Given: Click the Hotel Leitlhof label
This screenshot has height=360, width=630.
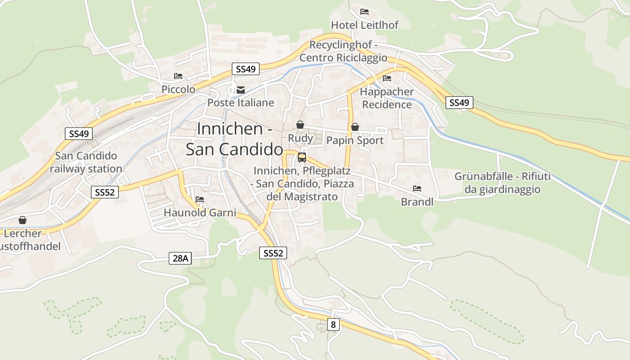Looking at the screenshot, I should (x=364, y=25).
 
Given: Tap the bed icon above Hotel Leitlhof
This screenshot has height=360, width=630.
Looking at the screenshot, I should (x=364, y=11).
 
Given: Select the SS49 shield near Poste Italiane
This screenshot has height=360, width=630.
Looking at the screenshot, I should (x=246, y=69).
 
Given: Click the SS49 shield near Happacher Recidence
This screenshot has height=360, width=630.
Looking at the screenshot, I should (x=459, y=103).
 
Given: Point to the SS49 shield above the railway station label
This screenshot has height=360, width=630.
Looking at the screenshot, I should (x=79, y=134).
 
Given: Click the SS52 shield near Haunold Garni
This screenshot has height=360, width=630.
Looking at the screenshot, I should (x=104, y=192).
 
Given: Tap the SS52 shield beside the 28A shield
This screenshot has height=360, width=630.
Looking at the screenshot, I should (x=273, y=253).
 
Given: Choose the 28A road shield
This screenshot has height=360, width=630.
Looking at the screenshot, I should (x=180, y=258).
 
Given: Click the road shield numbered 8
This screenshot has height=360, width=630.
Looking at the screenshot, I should (x=333, y=324).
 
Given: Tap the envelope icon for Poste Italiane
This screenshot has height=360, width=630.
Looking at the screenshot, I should (x=241, y=90).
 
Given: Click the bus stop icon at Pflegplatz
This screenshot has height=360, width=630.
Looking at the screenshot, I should (x=302, y=157).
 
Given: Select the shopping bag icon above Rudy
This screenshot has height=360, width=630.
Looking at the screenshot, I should (x=300, y=125).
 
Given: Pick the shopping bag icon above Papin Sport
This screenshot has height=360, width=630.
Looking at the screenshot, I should (x=355, y=127).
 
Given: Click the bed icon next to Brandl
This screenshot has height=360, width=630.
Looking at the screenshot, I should (x=417, y=189).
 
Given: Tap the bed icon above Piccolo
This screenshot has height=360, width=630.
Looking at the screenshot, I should (x=178, y=76).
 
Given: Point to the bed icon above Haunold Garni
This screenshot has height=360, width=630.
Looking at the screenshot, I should (x=200, y=199).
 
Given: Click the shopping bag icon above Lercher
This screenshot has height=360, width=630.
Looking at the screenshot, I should (x=22, y=220).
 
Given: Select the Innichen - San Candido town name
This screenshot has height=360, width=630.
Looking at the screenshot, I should (x=234, y=139).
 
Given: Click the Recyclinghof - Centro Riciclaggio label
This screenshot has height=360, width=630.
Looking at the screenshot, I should (x=343, y=51).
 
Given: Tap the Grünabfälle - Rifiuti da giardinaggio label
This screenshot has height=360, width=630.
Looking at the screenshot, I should (x=502, y=183).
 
